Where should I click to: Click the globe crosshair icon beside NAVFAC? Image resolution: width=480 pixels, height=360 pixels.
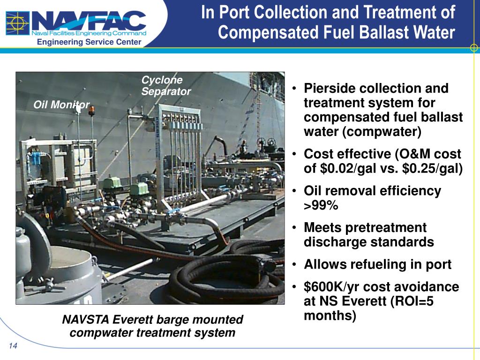tap(18, 23)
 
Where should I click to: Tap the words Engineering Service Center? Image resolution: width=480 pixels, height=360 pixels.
tap(89, 42)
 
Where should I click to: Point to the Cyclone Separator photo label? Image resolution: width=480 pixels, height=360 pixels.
tap(165, 86)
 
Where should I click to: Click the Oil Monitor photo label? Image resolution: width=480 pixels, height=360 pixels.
tap(61, 105)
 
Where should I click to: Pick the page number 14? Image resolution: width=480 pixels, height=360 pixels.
tap(13, 346)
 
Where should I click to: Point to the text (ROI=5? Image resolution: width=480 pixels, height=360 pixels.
tap(411, 301)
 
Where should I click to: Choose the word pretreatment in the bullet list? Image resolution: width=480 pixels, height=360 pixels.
tap(383, 228)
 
